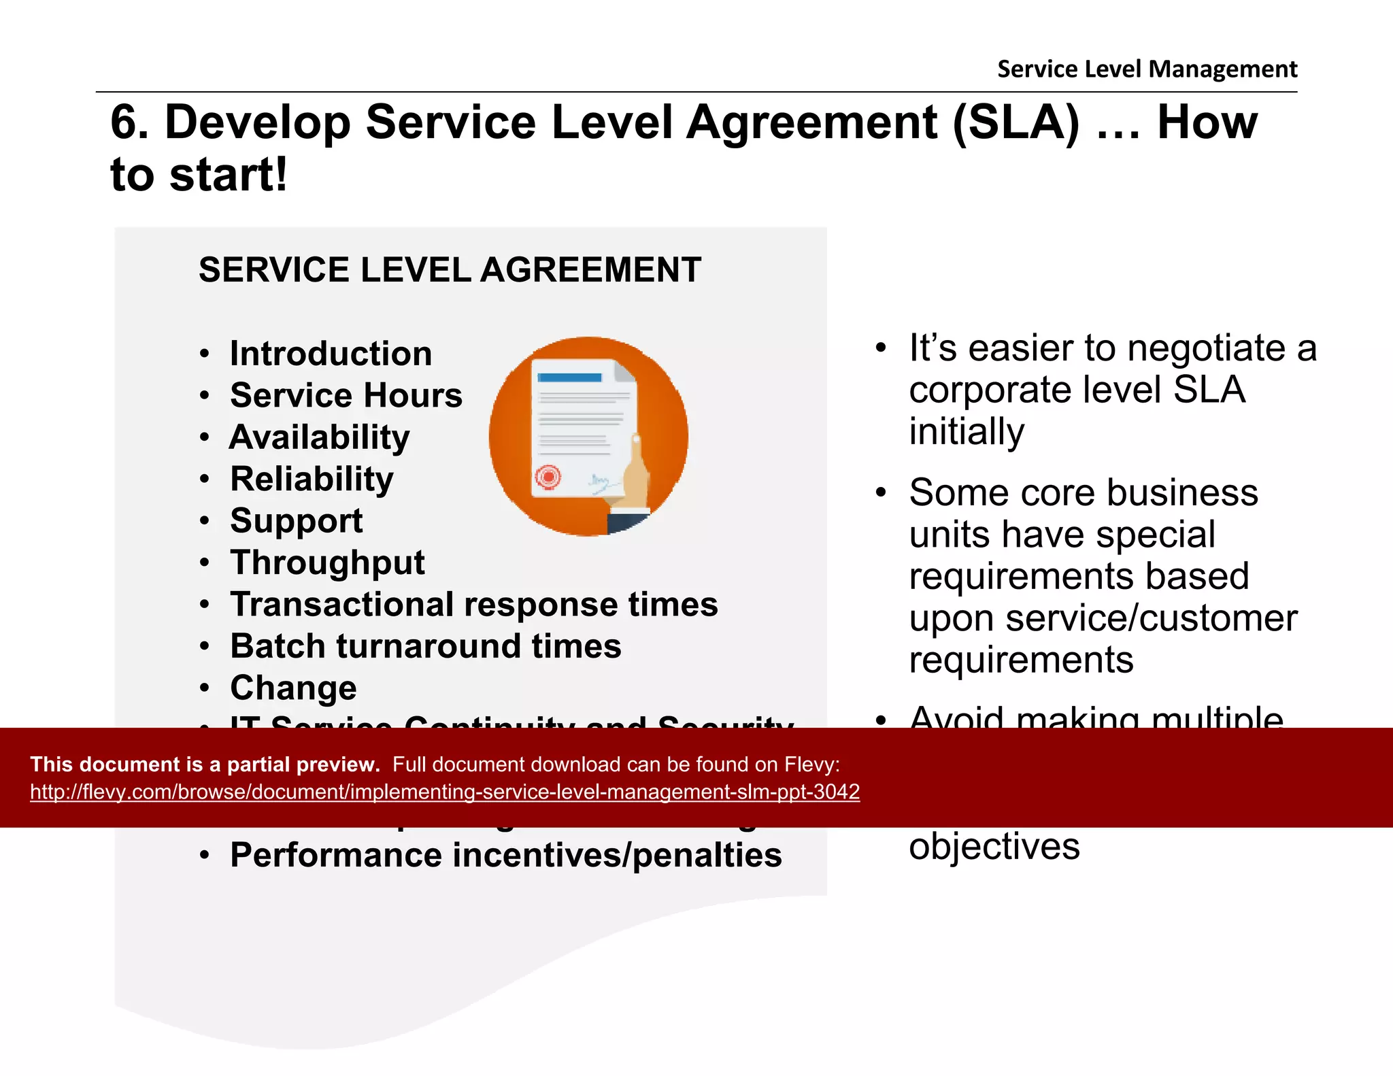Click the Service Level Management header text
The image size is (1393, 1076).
[x=1147, y=69]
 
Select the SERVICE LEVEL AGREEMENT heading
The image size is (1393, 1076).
[x=450, y=270]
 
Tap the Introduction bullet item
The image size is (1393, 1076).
[x=331, y=354]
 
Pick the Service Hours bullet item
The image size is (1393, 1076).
[x=346, y=395]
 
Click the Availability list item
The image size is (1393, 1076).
[x=320, y=437]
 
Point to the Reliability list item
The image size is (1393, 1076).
[x=312, y=479]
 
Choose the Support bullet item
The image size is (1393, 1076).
[x=296, y=521]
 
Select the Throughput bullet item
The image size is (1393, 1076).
[x=327, y=562]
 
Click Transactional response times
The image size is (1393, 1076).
[x=473, y=605]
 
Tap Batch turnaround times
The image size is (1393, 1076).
[x=425, y=646]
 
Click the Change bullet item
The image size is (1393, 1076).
[x=293, y=688]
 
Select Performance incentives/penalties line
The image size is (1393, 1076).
[x=505, y=855]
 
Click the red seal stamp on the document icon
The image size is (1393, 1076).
[x=548, y=477]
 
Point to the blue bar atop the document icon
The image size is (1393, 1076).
[x=569, y=377]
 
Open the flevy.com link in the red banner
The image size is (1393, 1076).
[x=445, y=792]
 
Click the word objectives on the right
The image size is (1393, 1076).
[x=994, y=847]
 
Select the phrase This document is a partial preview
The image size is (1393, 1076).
[x=205, y=764]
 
